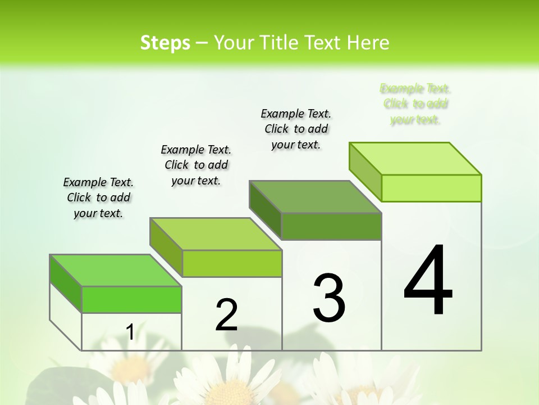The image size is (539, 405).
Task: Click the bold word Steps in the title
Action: [x=165, y=43]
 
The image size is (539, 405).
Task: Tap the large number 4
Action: [x=428, y=281]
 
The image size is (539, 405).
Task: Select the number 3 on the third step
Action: [x=329, y=298]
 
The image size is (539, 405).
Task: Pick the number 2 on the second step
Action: [x=226, y=314]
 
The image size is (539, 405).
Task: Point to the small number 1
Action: [x=130, y=332]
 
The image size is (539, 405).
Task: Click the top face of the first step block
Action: [x=115, y=271]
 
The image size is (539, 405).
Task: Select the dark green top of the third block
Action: [x=315, y=197]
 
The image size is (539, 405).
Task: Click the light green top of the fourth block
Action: [x=415, y=159]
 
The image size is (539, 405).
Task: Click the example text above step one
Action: [x=98, y=197]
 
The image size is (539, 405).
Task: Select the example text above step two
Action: [x=196, y=165]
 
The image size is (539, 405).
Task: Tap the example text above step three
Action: [x=296, y=129]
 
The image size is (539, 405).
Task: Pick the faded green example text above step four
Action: [x=415, y=104]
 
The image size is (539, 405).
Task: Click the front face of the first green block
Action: [x=131, y=299]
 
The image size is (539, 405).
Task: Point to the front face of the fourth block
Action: [x=431, y=188]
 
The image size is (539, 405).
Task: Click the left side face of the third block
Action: [x=265, y=209]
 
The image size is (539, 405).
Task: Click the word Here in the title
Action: [x=368, y=43]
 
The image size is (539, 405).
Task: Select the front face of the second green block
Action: [x=232, y=263]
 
